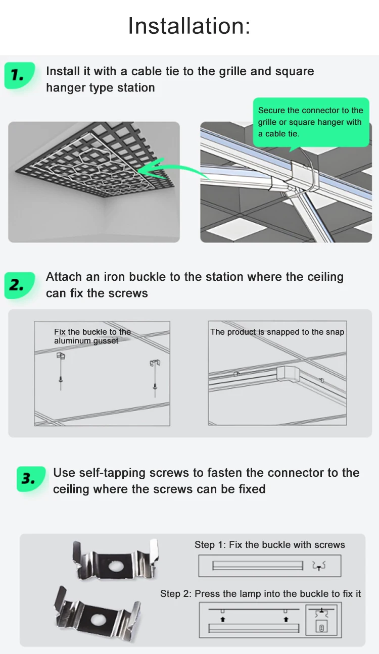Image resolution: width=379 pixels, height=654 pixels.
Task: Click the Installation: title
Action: [189, 26]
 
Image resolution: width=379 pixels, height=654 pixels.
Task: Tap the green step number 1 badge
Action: [20, 76]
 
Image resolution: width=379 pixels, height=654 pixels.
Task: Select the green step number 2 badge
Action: [20, 285]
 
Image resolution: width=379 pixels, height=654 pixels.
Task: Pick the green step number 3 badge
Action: [31, 479]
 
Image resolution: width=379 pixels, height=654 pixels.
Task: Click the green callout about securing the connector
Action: [311, 122]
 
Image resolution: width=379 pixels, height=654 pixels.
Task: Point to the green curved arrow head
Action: [147, 169]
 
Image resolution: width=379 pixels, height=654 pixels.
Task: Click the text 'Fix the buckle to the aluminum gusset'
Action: [92, 336]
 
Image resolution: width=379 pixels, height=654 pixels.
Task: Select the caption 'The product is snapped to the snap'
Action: [277, 332]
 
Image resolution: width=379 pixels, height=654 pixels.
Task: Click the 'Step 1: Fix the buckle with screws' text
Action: [270, 545]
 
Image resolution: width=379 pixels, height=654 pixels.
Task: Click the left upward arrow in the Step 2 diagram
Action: [223, 619]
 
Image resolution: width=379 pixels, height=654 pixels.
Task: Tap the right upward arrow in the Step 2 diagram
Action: [286, 619]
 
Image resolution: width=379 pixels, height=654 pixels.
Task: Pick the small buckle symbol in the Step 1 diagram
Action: [319, 566]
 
